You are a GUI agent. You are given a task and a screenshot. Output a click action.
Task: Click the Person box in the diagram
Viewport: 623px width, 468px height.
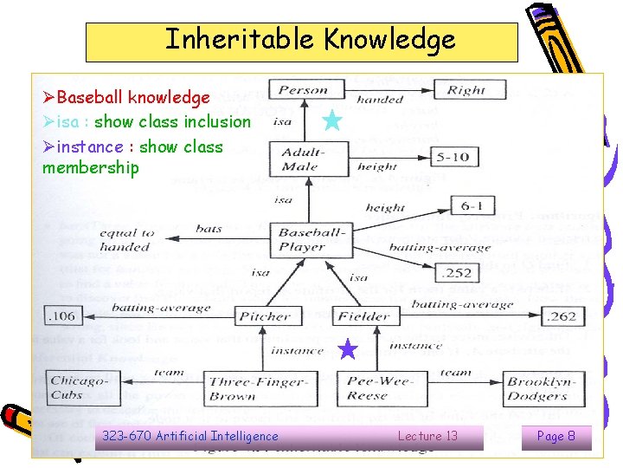[302, 89]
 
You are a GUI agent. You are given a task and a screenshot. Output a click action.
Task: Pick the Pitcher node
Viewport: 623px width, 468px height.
[265, 316]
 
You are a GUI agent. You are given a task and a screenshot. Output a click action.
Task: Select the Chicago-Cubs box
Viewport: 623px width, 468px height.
[79, 387]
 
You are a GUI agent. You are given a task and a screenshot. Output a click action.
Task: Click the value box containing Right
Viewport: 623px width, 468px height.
[466, 89]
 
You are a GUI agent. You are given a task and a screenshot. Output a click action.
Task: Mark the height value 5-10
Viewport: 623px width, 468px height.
[453, 158]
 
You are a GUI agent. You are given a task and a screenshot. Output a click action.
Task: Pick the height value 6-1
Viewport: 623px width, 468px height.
[472, 205]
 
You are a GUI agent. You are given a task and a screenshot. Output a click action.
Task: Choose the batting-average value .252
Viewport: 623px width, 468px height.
[456, 273]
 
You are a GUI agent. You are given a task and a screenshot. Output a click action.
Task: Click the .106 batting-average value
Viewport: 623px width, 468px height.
[61, 316]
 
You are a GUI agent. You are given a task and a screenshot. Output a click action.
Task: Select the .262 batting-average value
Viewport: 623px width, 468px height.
[561, 316]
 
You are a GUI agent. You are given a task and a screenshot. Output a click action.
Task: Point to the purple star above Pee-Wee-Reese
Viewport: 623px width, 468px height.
[347, 349]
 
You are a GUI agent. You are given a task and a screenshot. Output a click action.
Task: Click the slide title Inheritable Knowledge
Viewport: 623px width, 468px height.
[310, 40]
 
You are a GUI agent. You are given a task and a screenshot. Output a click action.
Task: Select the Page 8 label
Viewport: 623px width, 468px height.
[556, 436]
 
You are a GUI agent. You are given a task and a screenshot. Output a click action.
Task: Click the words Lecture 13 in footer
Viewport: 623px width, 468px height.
[427, 436]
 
